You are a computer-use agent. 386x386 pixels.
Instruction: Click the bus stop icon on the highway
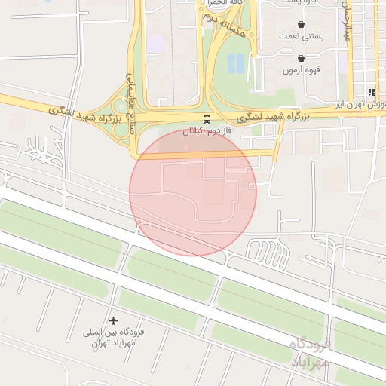click(x=206, y=119)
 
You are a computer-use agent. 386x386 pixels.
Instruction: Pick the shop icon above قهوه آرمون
click(x=302, y=58)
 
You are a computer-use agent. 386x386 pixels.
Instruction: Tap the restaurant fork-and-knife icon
click(x=372, y=92)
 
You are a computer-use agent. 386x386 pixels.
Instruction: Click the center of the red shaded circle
click(x=193, y=191)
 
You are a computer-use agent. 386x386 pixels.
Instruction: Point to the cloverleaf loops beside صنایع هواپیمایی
click(x=121, y=121)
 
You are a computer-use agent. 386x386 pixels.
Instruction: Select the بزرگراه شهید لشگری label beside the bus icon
click(x=274, y=117)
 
